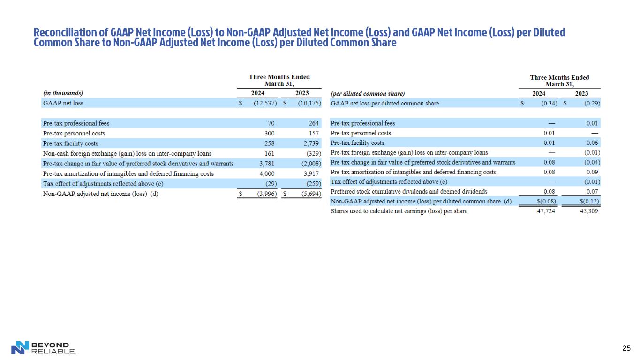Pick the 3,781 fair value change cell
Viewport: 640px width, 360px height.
[267, 163]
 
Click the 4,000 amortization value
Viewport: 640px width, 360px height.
[267, 173]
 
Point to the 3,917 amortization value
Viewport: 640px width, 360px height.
[311, 173]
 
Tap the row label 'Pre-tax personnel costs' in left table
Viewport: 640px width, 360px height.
[74, 133]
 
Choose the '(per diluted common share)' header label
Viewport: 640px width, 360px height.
[368, 93]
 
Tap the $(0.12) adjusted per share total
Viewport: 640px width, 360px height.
[589, 202]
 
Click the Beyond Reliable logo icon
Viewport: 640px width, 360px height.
[20, 347]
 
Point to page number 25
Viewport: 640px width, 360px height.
[626, 348]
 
